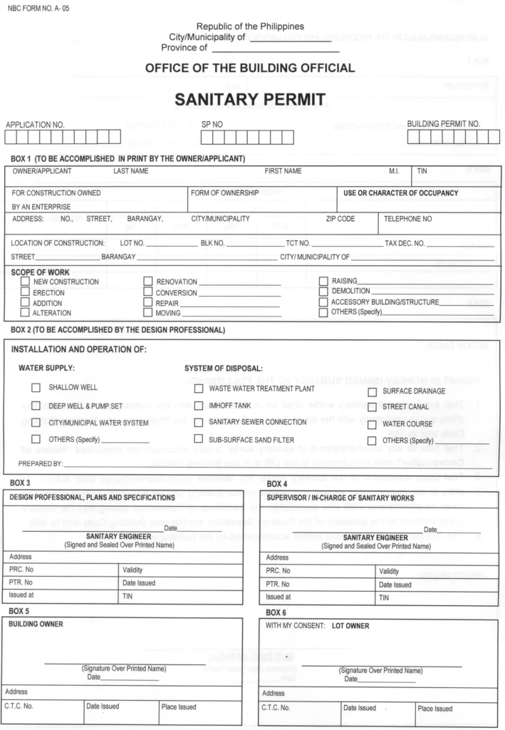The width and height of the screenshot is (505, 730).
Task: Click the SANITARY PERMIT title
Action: [x=252, y=99]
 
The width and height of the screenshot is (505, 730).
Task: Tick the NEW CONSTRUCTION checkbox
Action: [x=25, y=282]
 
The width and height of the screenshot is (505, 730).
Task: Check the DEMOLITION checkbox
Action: [x=323, y=292]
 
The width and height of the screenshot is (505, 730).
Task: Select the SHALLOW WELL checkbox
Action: [x=36, y=388]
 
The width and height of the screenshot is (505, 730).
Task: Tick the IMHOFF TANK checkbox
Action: [x=199, y=405]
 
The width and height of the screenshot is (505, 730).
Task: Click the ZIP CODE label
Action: [x=340, y=219]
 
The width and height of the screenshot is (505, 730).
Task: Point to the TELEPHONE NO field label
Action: [x=408, y=219]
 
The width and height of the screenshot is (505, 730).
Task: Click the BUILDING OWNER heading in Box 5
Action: [x=36, y=624]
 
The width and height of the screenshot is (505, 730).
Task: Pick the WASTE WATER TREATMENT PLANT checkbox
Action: [x=199, y=389]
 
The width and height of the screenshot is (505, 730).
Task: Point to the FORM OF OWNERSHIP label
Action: [x=220, y=193]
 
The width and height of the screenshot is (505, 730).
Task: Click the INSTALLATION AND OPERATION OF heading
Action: [x=80, y=350]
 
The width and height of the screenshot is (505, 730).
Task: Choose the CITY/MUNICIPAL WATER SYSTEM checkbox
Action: [x=36, y=422]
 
